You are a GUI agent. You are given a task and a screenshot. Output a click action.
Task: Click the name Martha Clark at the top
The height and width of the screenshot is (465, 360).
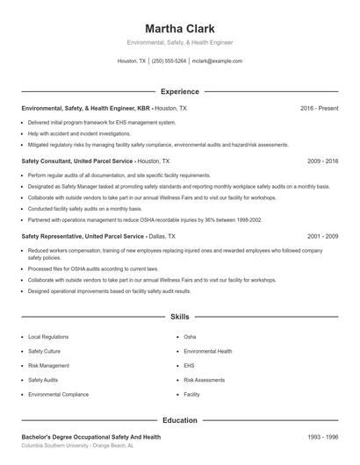pos(179,27)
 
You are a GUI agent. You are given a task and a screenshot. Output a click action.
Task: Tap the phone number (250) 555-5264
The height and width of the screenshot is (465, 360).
pos(169,61)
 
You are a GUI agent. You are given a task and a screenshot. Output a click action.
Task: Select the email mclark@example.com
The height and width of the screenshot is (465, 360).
pos(217,61)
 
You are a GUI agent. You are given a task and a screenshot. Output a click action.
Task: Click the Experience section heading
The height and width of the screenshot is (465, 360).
pos(179,91)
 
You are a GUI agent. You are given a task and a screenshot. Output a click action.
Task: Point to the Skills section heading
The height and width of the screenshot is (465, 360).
pos(179,316)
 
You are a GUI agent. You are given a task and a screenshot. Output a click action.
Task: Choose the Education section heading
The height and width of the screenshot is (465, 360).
pos(179,420)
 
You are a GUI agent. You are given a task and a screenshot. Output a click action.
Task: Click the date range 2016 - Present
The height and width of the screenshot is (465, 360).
pos(319,108)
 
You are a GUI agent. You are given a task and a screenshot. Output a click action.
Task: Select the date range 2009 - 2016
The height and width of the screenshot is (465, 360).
pos(323,161)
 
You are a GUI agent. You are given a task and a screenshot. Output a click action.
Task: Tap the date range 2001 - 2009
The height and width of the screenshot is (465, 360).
pos(323,236)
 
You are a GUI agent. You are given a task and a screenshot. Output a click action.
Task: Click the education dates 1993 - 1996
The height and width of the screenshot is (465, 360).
pos(323,437)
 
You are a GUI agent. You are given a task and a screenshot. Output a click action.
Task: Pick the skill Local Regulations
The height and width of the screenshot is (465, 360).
pos(48,337)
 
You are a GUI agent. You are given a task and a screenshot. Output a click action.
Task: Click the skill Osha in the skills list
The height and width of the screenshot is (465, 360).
pos(190,337)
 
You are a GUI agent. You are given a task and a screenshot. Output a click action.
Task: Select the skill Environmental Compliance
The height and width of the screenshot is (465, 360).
pos(58,395)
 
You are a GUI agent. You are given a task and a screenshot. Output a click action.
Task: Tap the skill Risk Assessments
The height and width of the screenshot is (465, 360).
pos(204,380)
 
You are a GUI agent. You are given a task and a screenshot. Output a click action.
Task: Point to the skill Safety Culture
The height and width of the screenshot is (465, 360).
pos(44,351)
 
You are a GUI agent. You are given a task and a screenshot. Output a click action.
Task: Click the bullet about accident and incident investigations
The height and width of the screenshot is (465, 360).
pos(79,133)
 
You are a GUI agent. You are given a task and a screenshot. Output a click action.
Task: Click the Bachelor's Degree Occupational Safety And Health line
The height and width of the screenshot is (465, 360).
pos(90,437)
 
